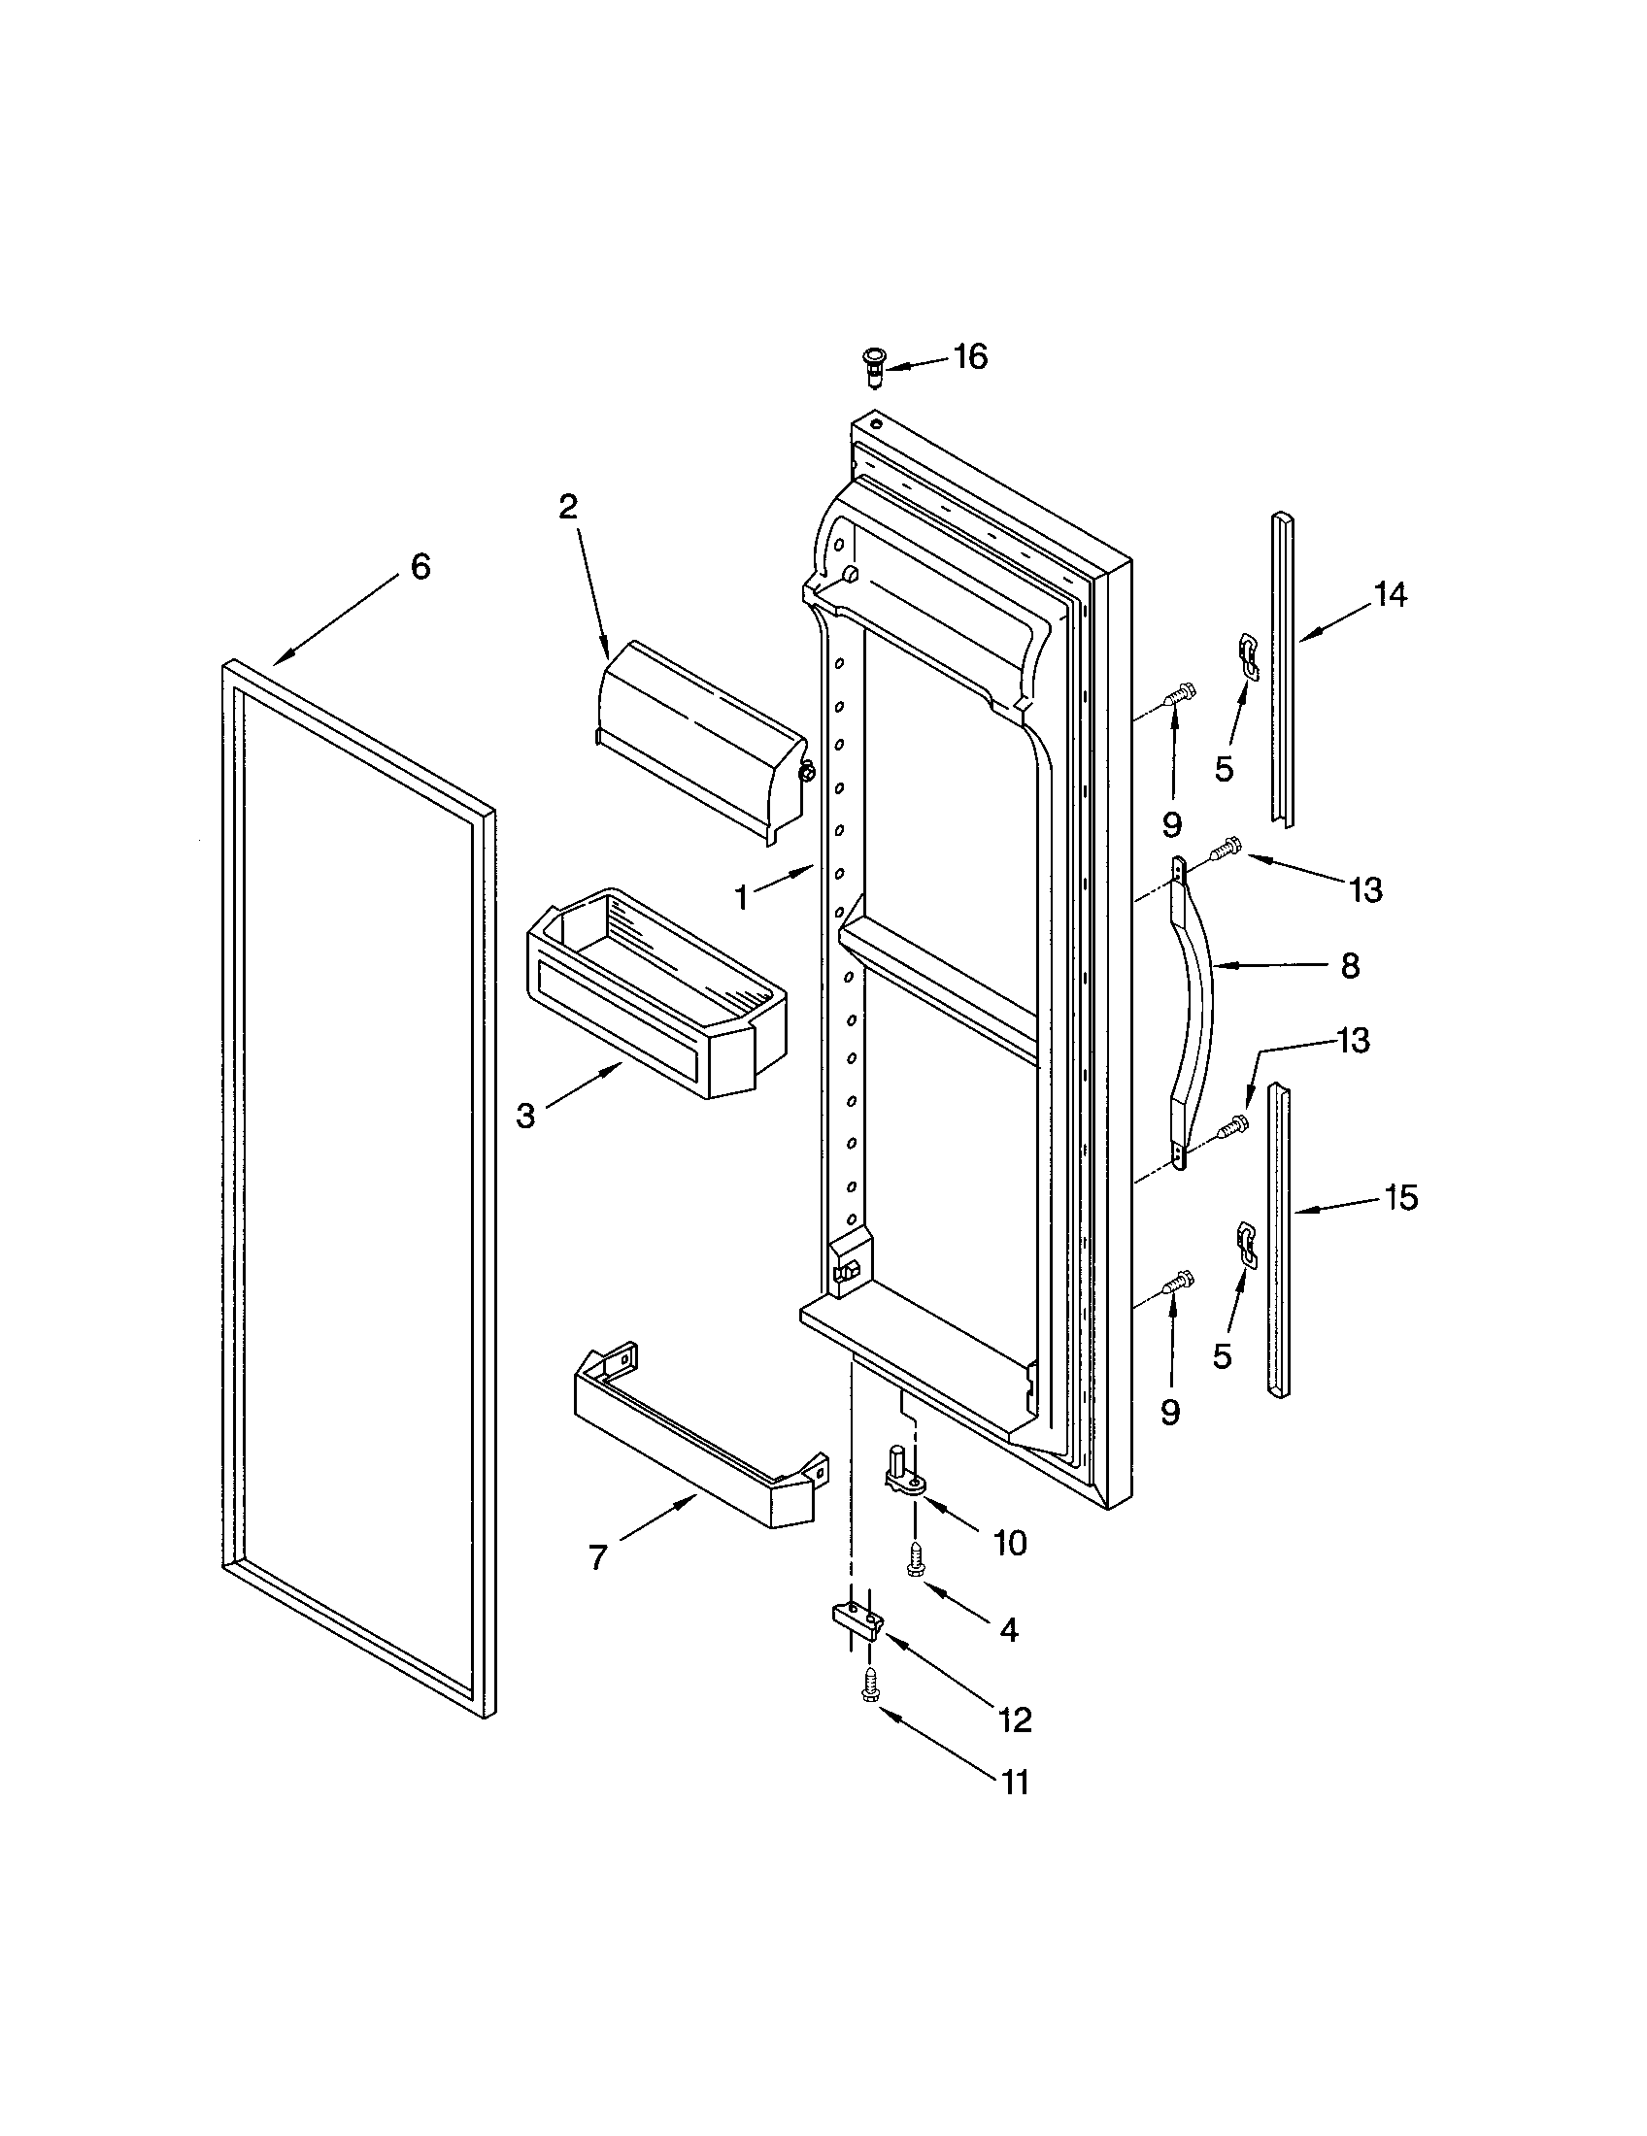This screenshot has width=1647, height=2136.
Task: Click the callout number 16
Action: click(x=970, y=357)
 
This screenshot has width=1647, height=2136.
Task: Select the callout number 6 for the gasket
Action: click(x=420, y=566)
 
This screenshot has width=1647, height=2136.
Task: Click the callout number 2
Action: click(x=568, y=507)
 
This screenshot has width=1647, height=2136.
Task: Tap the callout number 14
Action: click(x=1390, y=593)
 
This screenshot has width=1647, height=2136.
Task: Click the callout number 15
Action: click(x=1401, y=1197)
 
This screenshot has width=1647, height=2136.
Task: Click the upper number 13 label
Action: click(x=1365, y=889)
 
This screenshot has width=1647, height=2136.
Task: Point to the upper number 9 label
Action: click(x=1172, y=824)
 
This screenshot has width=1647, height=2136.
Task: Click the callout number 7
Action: click(x=597, y=1557)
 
